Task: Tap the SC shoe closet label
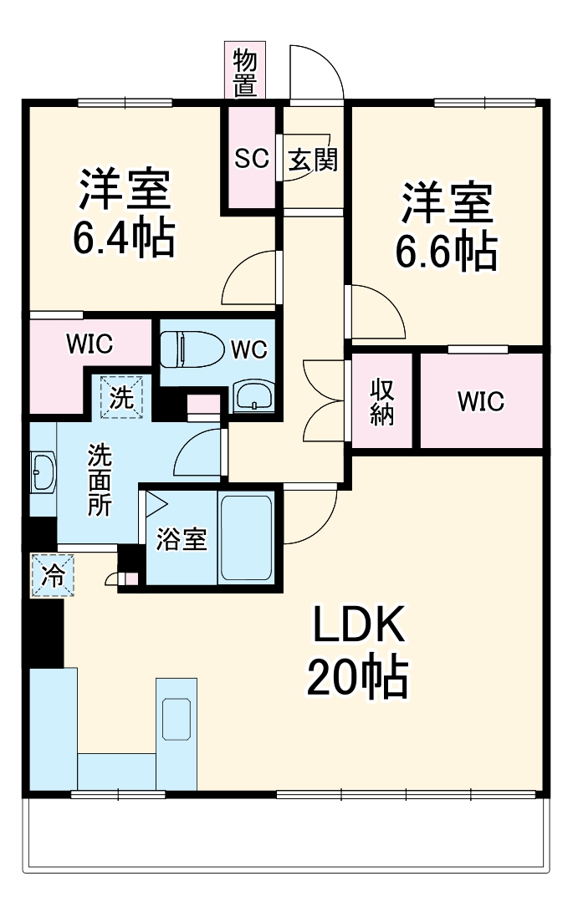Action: pyautogui.click(x=251, y=158)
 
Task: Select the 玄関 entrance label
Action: pyautogui.click(x=313, y=159)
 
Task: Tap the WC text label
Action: pyautogui.click(x=248, y=349)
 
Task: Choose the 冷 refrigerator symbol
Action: pyautogui.click(x=53, y=576)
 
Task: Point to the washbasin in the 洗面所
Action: pyautogui.click(x=43, y=473)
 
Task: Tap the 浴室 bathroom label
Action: pyautogui.click(x=182, y=539)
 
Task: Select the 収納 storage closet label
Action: pyautogui.click(x=382, y=402)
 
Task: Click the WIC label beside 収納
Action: pyautogui.click(x=480, y=401)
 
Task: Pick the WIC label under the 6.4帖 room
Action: pyautogui.click(x=90, y=344)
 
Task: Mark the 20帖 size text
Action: pyautogui.click(x=357, y=678)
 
